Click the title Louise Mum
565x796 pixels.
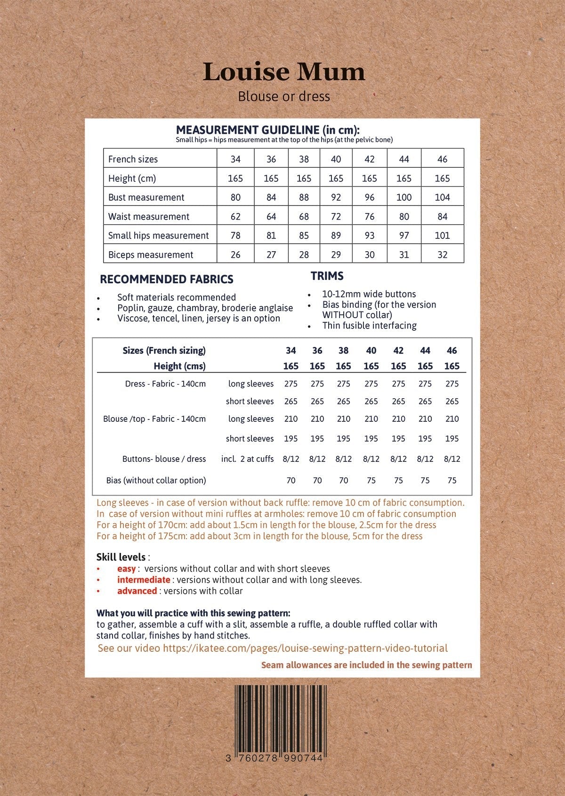[284, 72]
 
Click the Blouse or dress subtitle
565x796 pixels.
[284, 97]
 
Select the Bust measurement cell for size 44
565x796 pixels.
[404, 197]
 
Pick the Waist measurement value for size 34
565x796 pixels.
[235, 217]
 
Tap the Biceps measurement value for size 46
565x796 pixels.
[442, 255]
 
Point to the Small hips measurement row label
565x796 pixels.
[158, 236]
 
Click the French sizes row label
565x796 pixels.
[133, 159]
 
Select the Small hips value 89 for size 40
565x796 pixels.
[336, 236]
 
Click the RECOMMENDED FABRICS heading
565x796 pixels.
[167, 279]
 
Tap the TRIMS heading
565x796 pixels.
[327, 276]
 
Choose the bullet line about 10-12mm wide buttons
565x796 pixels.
[369, 294]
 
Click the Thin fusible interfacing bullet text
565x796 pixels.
[369, 326]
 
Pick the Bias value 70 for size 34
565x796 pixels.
[291, 481]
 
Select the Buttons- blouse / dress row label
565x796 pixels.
[164, 459]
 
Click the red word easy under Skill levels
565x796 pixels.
[126, 569]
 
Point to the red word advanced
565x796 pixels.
[137, 591]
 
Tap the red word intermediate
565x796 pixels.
[144, 580]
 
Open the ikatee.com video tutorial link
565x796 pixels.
[305, 648]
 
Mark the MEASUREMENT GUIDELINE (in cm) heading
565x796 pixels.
[267, 130]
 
